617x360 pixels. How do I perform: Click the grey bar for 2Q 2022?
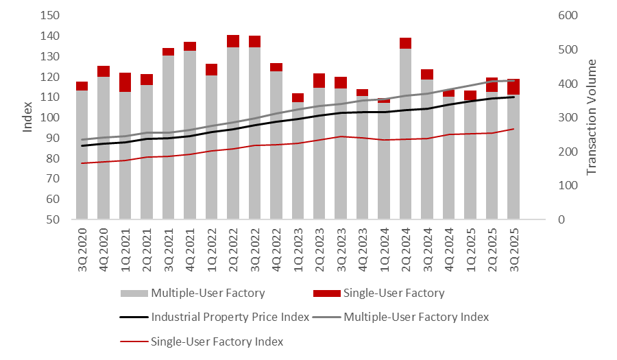click(x=233, y=134)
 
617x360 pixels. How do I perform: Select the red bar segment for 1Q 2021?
click(x=125, y=82)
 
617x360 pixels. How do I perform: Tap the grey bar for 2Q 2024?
click(x=406, y=134)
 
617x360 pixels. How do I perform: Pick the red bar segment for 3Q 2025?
click(x=513, y=87)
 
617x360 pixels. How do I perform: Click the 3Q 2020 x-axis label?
click(x=82, y=246)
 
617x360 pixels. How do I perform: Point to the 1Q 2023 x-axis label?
click(x=298, y=246)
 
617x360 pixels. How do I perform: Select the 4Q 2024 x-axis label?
click(x=448, y=246)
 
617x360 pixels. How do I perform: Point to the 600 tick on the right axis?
click(x=564, y=15)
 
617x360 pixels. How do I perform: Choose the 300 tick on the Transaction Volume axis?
click(x=564, y=117)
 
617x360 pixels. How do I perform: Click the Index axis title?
click(x=28, y=117)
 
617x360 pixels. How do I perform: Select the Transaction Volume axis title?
click(x=592, y=117)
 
